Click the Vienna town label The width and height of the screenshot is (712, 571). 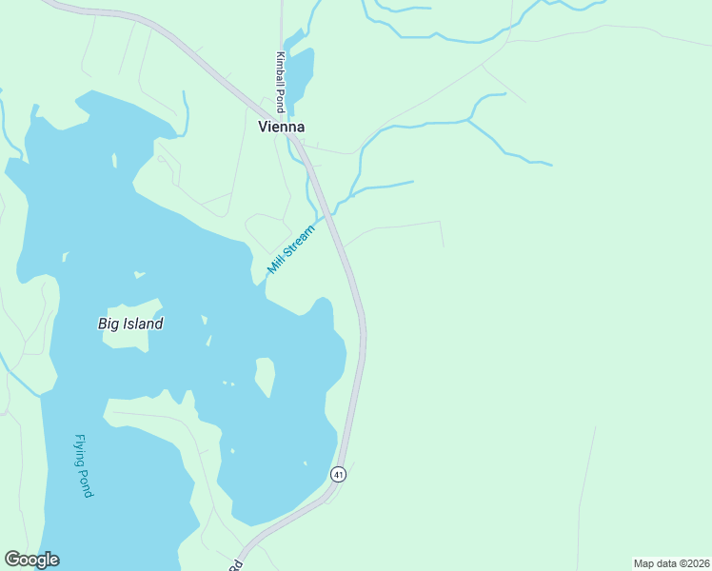[281, 127]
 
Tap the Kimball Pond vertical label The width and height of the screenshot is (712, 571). [281, 82]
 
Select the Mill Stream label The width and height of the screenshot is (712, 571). [290, 249]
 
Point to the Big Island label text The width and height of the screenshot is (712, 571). [130, 324]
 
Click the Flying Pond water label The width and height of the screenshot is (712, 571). [84, 466]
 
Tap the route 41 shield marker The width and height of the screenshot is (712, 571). [338, 473]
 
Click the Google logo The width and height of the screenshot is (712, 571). [32, 560]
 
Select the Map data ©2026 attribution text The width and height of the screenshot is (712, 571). [670, 562]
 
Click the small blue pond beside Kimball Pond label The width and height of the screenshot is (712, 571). [301, 71]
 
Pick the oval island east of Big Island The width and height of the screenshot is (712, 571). [266, 377]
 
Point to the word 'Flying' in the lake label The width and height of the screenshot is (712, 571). [81, 451]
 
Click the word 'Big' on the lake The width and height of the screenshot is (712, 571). [109, 324]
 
